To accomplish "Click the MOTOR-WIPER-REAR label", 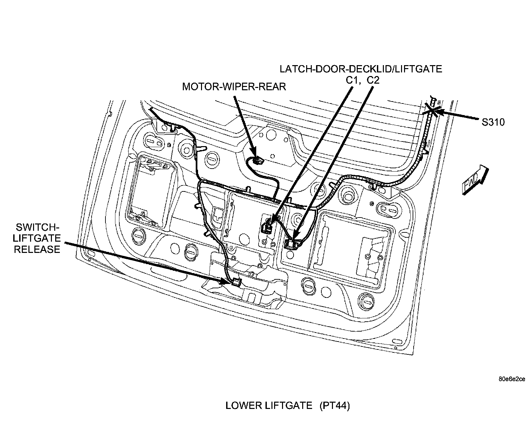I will [234, 87].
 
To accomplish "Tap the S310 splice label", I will [493, 122].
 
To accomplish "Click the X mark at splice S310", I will [432, 109].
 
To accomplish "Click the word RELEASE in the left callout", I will [37, 249].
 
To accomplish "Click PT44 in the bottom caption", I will [335, 406].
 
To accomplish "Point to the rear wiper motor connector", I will [258, 161].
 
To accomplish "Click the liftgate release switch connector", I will [236, 282].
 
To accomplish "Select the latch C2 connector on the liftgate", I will [291, 244].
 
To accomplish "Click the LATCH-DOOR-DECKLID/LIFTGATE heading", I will [360, 69].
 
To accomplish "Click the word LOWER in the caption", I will [243, 406].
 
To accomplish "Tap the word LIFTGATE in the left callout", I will [37, 238].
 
